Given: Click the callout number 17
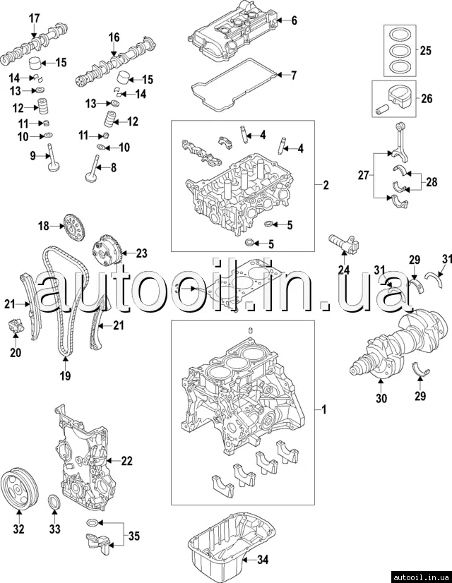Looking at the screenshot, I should pos(34,17).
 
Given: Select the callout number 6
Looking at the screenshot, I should pos(294,20).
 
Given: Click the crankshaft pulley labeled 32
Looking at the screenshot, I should pos(18,487).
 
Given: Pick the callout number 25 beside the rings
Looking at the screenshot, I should pos(425,51).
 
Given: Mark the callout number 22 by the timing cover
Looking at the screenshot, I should pos(126,461).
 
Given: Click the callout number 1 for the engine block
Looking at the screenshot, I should pos(324,409).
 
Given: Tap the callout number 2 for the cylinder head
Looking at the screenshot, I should pos(326,186).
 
